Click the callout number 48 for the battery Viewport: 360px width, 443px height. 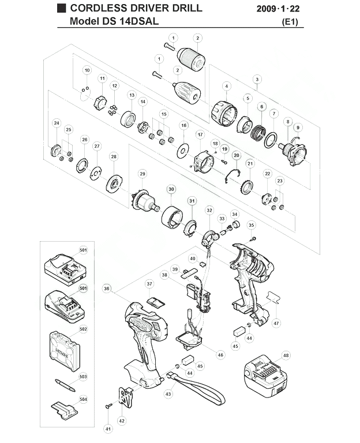[x=286, y=355]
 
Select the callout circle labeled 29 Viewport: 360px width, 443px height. [x=142, y=174]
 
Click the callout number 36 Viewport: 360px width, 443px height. [x=107, y=288]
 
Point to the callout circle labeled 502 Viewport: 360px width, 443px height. [x=83, y=329]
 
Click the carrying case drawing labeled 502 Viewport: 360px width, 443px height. [x=63, y=351]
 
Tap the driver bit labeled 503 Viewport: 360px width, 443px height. [x=65, y=385]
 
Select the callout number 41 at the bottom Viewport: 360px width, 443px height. [x=108, y=429]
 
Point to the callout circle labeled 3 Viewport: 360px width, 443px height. [x=257, y=80]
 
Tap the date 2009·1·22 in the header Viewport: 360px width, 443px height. [x=278, y=9]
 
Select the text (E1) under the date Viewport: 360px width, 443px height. [x=290, y=22]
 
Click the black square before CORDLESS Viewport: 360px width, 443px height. [x=61, y=8]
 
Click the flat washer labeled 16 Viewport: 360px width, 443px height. [x=183, y=151]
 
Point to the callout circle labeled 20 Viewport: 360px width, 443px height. [x=237, y=155]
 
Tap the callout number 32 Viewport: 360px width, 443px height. [x=209, y=210]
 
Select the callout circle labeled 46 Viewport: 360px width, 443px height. [x=220, y=355]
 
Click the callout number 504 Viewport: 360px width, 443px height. [x=83, y=399]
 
